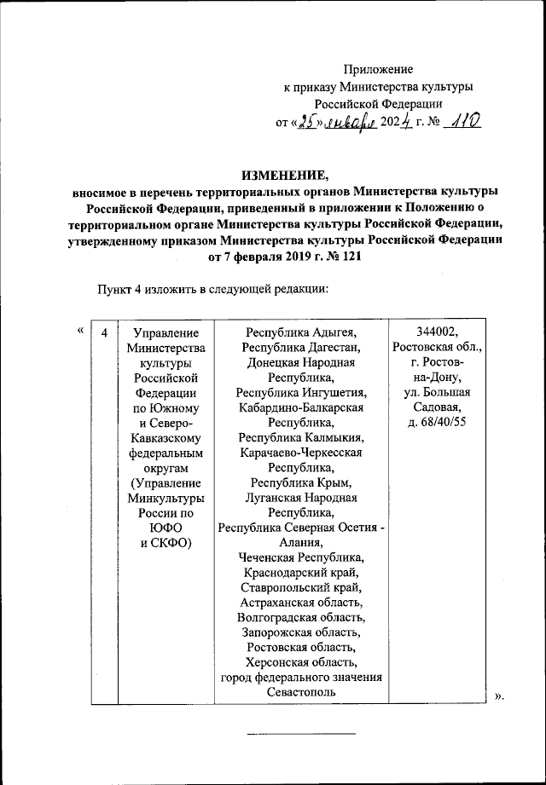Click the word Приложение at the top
(378, 68)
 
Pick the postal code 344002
(438, 332)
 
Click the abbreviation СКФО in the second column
(173, 542)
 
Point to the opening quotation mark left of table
(80, 332)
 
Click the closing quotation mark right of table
(500, 698)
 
